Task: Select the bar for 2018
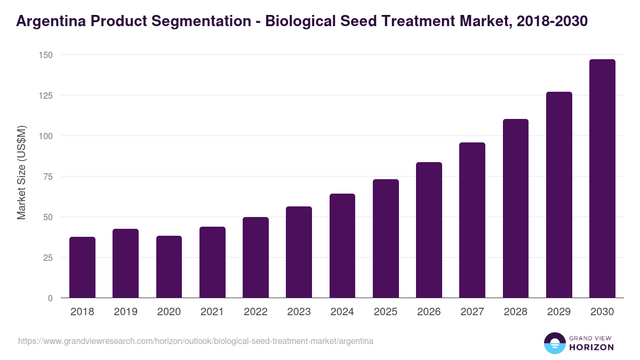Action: [x=82, y=267]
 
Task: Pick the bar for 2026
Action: [x=429, y=230]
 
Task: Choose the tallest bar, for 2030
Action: [x=602, y=179]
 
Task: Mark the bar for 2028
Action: [x=515, y=209]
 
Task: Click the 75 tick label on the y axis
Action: [x=47, y=177]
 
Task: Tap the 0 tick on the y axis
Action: [x=50, y=298]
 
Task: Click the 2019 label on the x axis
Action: [x=125, y=312]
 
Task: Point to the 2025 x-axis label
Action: [x=386, y=312]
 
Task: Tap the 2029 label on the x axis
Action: [x=559, y=312]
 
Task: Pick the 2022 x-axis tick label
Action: [x=255, y=312]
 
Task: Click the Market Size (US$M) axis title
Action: [x=21, y=172]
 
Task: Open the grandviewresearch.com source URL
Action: [x=196, y=341]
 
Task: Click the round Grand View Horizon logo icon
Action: [x=554, y=343]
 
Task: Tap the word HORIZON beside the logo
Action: [x=591, y=347]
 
